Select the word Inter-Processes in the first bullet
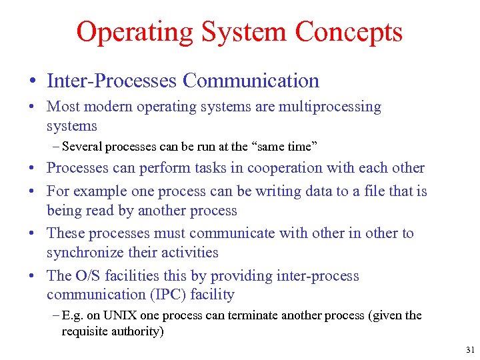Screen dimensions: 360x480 click(x=111, y=81)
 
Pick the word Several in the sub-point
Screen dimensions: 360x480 click(x=82, y=146)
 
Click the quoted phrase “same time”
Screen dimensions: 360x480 click(x=277, y=146)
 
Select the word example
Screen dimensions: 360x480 click(x=97, y=191)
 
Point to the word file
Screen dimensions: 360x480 click(x=371, y=191)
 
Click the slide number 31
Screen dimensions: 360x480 click(x=471, y=350)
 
